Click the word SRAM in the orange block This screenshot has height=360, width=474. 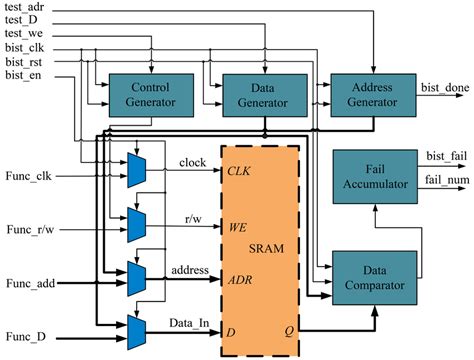click(266, 249)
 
